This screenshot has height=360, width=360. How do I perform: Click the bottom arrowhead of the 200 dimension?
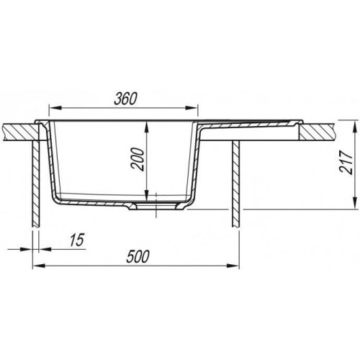[148, 195]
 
